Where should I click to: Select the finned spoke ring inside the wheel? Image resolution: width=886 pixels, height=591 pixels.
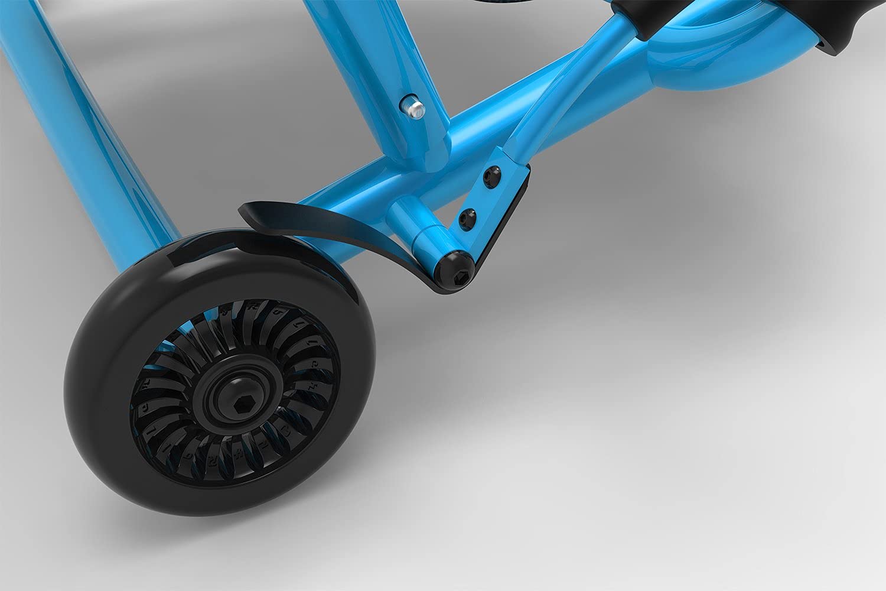[177, 449]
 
